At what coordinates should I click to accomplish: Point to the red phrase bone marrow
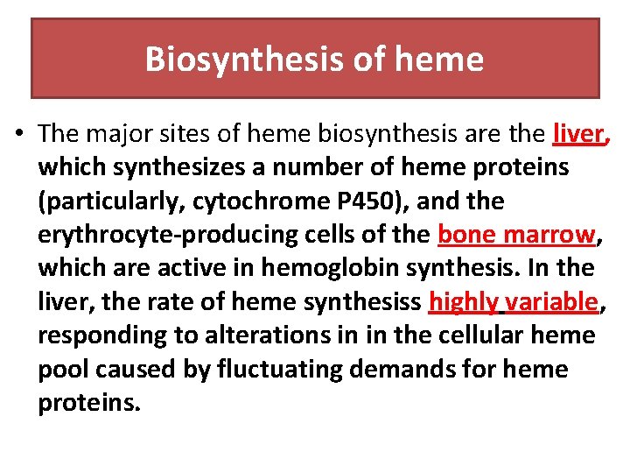[516, 235]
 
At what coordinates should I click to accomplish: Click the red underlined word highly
[463, 302]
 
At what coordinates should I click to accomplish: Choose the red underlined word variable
[551, 302]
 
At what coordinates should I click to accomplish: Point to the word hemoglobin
[320, 268]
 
